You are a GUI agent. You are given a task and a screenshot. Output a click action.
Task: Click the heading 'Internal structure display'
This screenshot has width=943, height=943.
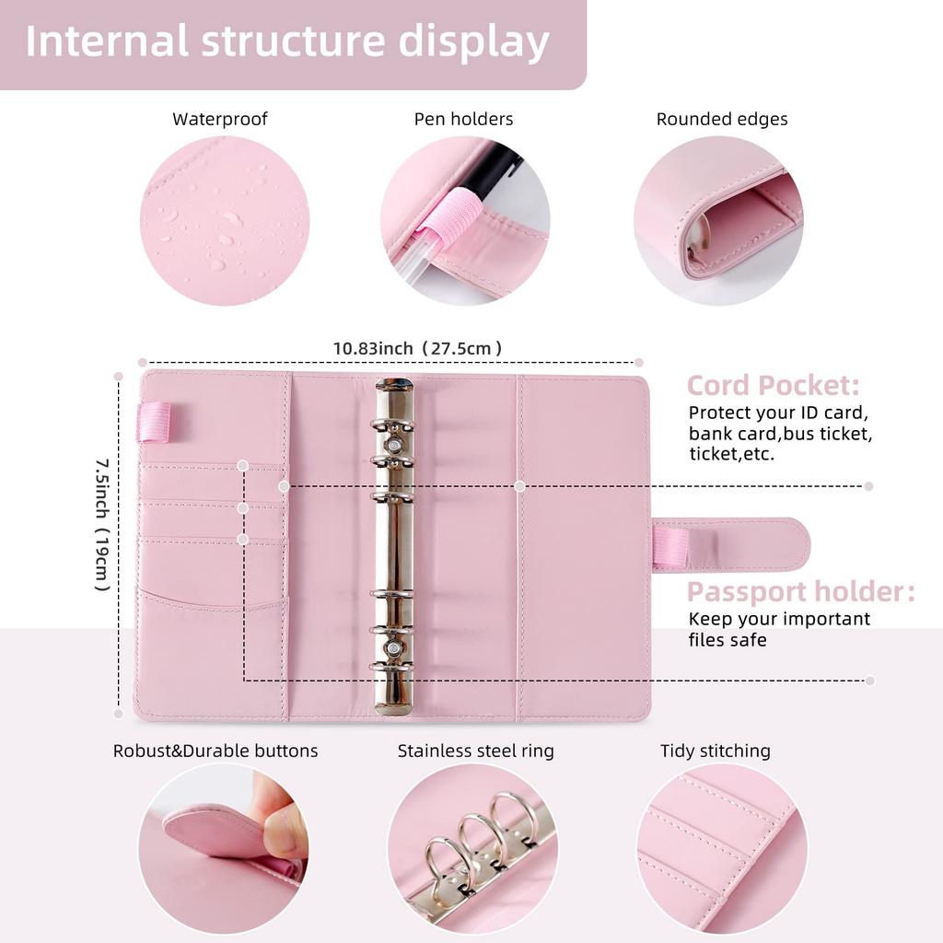[x=287, y=43]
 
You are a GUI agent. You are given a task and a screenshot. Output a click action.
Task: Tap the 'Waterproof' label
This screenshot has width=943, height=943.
[x=220, y=120]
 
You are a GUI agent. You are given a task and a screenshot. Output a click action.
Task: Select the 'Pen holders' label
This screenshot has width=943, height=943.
[x=463, y=120]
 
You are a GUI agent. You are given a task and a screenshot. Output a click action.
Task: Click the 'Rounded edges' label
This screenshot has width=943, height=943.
[x=721, y=120]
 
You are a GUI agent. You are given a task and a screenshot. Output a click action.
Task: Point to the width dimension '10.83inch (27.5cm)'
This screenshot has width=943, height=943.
[x=417, y=349]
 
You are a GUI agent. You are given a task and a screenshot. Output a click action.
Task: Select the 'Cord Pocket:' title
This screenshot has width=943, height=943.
[x=773, y=385]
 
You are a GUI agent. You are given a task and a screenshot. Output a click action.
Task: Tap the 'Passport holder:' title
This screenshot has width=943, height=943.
[x=800, y=592]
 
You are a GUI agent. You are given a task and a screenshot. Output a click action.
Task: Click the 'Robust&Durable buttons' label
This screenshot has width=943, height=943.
[x=215, y=751]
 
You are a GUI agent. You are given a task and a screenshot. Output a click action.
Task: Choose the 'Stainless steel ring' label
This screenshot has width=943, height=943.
[x=475, y=751]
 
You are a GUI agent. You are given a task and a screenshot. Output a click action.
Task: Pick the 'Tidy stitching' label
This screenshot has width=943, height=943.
[x=715, y=751]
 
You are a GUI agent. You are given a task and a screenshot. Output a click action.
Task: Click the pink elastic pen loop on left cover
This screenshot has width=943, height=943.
[x=154, y=422]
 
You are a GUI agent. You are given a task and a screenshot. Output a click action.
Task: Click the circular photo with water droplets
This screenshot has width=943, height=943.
[x=224, y=221]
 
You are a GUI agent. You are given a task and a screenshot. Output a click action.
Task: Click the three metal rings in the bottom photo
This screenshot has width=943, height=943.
[x=475, y=843]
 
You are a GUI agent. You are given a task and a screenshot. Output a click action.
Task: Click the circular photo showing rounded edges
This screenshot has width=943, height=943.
[x=718, y=221]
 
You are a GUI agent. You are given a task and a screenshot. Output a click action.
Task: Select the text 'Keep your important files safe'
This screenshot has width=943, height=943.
[x=778, y=629]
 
